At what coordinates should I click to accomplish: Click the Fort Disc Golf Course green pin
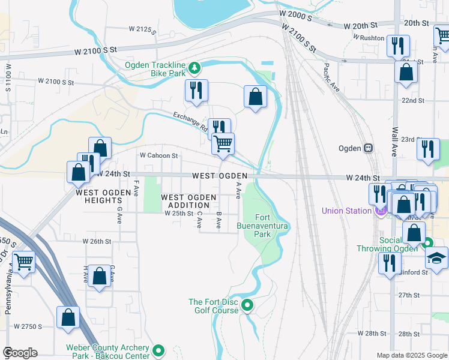point(247,307)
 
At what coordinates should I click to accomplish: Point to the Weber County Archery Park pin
point(158,350)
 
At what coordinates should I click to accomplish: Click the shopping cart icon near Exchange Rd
point(223,143)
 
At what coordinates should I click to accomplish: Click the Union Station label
point(347,211)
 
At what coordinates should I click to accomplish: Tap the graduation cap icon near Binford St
point(436,258)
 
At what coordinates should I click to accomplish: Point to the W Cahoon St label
point(159,155)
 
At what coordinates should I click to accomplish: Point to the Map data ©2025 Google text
point(411,355)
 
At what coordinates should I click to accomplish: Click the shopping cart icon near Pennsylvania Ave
point(23,261)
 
